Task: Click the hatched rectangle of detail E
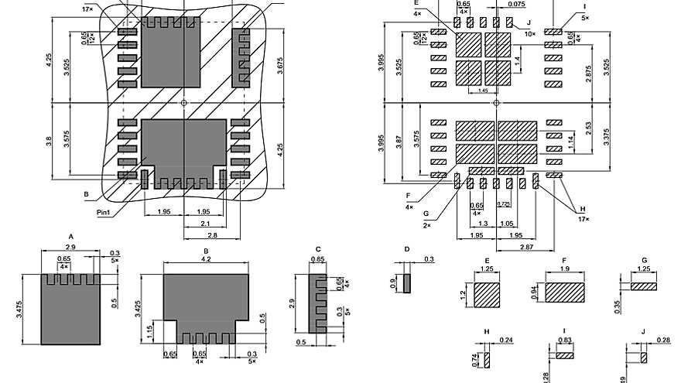488,296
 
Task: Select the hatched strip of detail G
643,286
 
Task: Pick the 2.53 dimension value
590,128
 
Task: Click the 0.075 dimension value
516,4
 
